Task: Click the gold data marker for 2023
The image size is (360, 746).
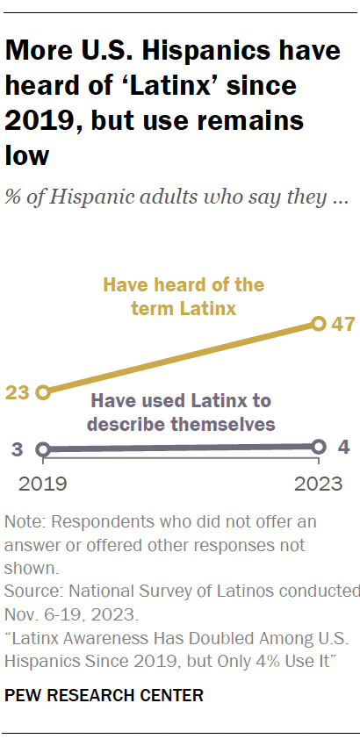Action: (319, 324)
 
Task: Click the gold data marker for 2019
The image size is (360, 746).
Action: (43, 392)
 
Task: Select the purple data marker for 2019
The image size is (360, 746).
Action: (43, 449)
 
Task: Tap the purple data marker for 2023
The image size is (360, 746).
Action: (319, 446)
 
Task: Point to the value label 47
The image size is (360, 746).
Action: (342, 325)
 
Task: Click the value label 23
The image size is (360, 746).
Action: (18, 393)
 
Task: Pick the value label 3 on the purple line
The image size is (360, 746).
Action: (18, 450)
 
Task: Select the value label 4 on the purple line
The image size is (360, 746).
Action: (343, 447)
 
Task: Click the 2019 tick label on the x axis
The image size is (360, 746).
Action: (43, 483)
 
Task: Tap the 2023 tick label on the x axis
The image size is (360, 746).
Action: (319, 483)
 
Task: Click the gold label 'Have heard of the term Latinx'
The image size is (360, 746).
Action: (184, 296)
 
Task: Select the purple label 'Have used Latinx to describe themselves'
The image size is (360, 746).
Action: (181, 412)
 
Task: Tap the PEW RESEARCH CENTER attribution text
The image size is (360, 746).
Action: (104, 695)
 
